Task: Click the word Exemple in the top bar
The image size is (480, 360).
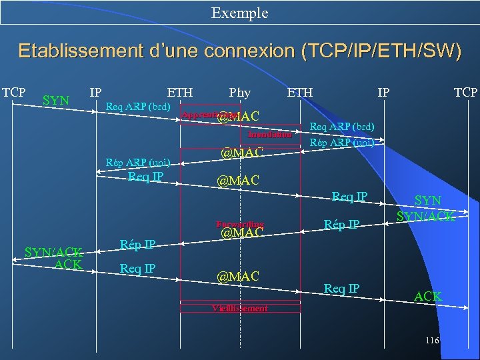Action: (x=239, y=13)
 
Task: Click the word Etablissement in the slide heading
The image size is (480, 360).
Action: (x=87, y=51)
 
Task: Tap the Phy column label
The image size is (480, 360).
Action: (x=239, y=92)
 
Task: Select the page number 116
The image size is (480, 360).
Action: (x=431, y=341)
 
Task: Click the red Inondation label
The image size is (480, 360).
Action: (x=269, y=135)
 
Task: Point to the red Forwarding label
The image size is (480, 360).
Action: (x=240, y=224)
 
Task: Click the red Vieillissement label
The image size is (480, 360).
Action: (x=240, y=308)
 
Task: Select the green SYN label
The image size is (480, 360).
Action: (x=56, y=101)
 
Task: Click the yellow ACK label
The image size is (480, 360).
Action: (x=428, y=296)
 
